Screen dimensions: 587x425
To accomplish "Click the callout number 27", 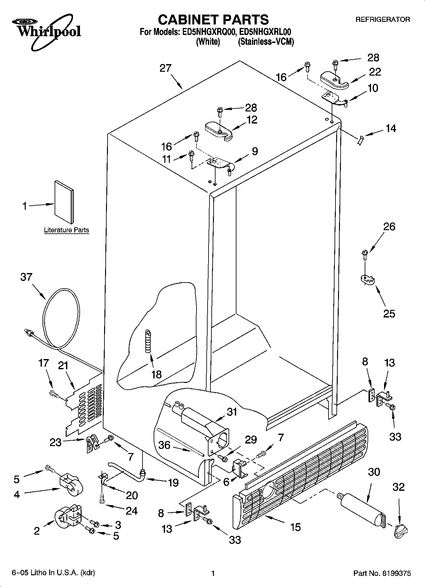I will [165, 68].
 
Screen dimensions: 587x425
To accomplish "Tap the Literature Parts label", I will [66, 230].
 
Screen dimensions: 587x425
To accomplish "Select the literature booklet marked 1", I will [64, 202].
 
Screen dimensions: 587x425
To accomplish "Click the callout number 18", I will [156, 375].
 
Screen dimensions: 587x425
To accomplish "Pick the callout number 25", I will [389, 314].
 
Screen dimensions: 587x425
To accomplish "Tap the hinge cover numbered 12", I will [219, 130].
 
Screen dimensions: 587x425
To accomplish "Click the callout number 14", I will [391, 129].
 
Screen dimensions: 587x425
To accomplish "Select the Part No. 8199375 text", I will [382, 573].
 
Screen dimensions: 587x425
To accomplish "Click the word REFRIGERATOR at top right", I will [382, 20].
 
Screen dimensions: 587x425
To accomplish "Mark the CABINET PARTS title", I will [213, 20].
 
